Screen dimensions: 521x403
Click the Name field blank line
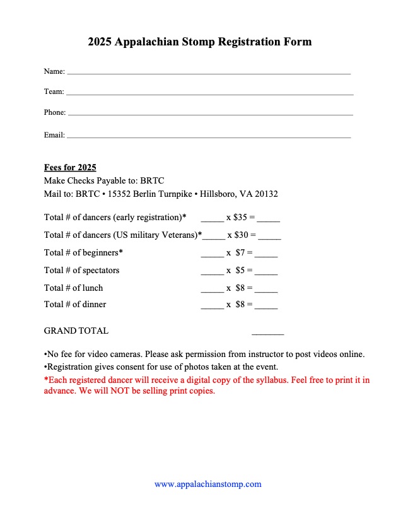pos(208,73)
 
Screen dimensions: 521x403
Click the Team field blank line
pos(209,94)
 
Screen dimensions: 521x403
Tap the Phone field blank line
pos(209,114)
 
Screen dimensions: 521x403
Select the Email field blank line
pos(208,137)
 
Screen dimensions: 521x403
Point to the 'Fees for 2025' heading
pos(70,167)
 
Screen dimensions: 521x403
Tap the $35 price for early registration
pos(240,218)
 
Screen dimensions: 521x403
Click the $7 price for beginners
pos(240,253)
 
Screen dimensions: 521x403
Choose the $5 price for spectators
pos(240,271)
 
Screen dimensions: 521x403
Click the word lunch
pos(93,288)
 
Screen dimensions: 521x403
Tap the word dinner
pos(94,305)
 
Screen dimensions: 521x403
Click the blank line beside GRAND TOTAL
pos(267,332)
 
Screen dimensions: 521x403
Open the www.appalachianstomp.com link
pos(207,484)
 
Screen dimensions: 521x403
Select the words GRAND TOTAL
pos(76,331)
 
